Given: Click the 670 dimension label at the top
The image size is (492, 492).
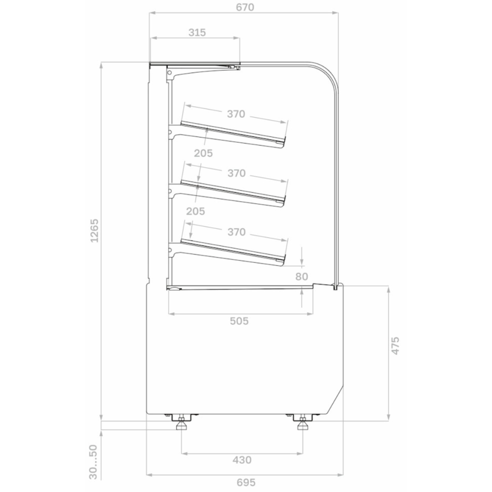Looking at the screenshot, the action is coord(245,7).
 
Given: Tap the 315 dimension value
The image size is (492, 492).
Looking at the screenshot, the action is coord(197,32).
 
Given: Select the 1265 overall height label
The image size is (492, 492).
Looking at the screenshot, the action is coord(94,230).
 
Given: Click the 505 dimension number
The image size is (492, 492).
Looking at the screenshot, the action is coord(239,321).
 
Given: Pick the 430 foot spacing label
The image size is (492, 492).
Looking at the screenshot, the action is coord(242,460).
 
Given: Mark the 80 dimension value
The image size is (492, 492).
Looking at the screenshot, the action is coord(302,276).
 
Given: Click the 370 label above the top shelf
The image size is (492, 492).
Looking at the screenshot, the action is coord(236,114).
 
